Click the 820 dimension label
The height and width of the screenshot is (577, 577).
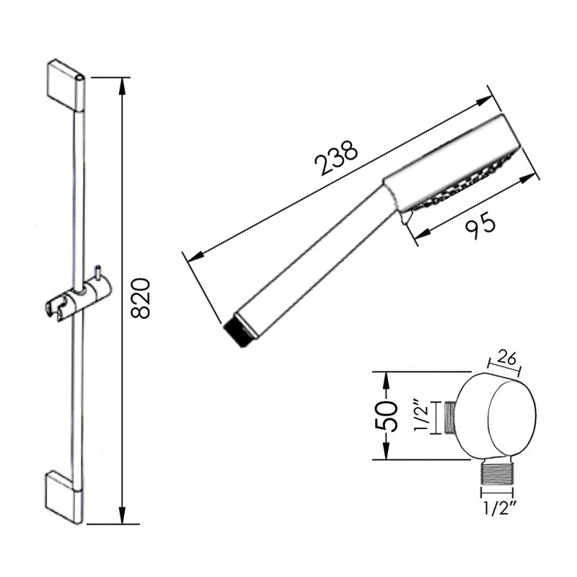coord(142,297)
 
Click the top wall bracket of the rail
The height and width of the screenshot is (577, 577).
coord(65,82)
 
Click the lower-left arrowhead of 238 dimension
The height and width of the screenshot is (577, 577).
coord(190,255)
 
